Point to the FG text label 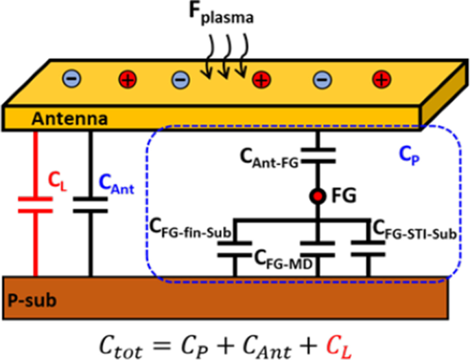coord(343,196)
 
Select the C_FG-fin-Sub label coord(191,228)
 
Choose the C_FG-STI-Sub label coord(414,228)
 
